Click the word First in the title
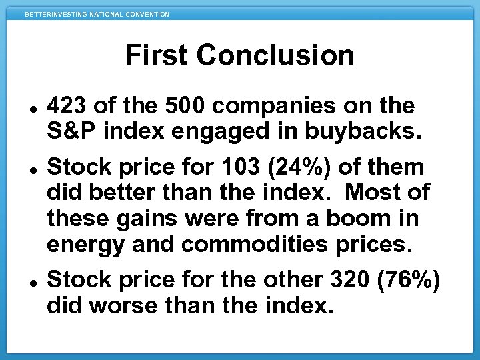[x=157, y=55]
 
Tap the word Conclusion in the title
[x=275, y=55]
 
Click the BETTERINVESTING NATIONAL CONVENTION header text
[x=97, y=14]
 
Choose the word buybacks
[x=363, y=131]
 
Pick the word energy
[x=85, y=243]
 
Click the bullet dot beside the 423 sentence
[x=32, y=106]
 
